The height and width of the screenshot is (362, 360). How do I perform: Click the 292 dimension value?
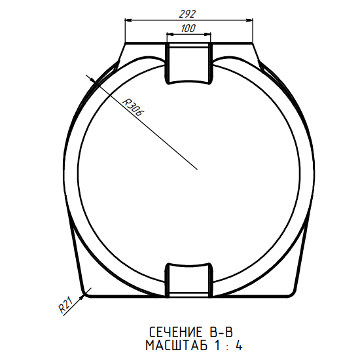(x=187, y=14)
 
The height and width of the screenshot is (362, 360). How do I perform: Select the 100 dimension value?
(x=189, y=28)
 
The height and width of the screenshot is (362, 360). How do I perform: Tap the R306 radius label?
(x=133, y=107)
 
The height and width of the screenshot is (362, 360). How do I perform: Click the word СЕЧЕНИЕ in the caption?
(x=175, y=333)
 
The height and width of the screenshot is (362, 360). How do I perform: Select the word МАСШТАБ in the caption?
(x=177, y=346)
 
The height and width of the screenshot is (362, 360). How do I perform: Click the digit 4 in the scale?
(x=238, y=346)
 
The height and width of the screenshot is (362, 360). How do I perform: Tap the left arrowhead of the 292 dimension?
(x=128, y=20)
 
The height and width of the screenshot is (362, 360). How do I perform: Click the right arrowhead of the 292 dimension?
(x=249, y=20)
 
